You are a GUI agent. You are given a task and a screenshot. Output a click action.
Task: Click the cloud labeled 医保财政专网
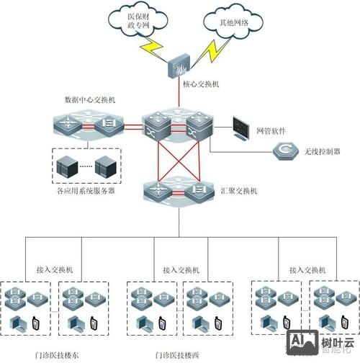coord(141,21)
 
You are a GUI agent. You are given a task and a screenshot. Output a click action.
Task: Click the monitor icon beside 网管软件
coord(239,130)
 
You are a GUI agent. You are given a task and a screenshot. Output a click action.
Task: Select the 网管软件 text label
coord(271,132)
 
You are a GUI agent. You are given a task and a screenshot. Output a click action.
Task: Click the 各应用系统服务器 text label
coord(86,192)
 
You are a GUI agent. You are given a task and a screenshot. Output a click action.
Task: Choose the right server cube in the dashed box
coord(105,165)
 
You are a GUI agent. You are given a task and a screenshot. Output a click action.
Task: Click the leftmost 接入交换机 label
coord(55,269)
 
